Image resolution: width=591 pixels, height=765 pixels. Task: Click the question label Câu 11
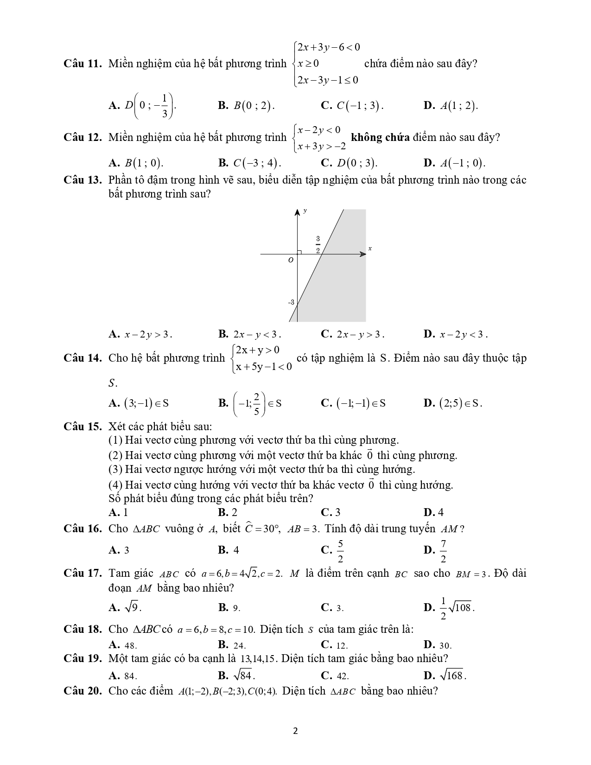pos(82,64)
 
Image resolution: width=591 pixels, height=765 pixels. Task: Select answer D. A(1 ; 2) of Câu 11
pos(451,106)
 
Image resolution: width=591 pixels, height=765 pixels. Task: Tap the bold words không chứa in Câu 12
pos(380,137)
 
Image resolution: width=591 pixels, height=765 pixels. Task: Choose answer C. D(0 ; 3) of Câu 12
pos(349,163)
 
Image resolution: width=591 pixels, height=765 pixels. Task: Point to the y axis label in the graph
pos(305,210)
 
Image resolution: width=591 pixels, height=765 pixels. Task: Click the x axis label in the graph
pos(370,249)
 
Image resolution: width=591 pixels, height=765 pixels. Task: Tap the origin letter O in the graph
pos(291,261)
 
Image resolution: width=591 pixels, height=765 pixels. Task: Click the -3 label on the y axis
pos(291,302)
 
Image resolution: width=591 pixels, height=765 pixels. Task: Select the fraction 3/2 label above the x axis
pos(318,244)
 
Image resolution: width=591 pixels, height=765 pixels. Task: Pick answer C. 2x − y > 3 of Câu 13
pos(352,334)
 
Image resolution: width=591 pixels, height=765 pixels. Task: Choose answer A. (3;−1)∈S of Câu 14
pos(139,403)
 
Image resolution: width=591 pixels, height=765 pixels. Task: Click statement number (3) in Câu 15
pos(115,469)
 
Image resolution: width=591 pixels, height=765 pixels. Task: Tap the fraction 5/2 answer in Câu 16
pos(340,550)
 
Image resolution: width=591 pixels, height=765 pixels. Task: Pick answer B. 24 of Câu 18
pos(232,645)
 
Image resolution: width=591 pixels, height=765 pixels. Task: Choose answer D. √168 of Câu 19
pos(445,675)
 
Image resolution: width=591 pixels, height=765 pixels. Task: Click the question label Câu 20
pos(82,691)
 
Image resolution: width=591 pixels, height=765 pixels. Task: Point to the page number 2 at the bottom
pos(295,732)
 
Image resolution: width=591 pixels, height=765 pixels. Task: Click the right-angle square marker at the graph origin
pos(299,252)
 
